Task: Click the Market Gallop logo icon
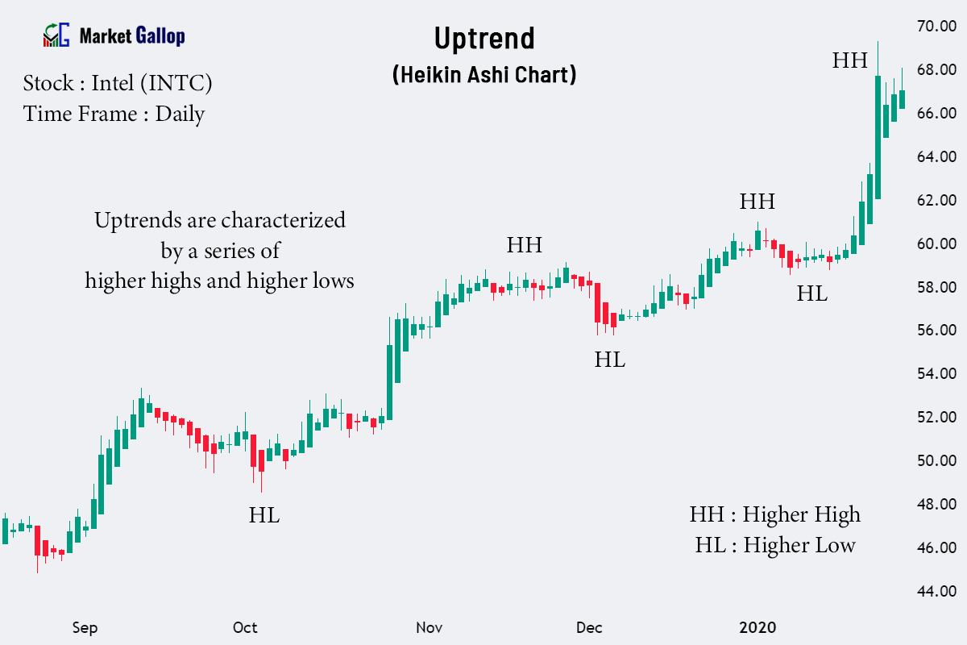coord(56,35)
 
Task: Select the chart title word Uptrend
coord(483,38)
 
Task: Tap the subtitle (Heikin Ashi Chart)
coord(483,75)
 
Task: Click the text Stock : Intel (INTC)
coord(118,83)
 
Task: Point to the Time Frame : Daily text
coord(114,114)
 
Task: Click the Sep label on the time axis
coord(85,628)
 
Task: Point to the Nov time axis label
coord(429,628)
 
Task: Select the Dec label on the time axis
coord(590,628)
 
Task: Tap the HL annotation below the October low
coord(264,515)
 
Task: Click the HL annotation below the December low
coord(610,360)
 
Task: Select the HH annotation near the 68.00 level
coord(850,60)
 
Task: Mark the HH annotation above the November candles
coord(525,245)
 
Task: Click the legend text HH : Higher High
coord(774,514)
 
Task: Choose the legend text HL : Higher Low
coord(775,545)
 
